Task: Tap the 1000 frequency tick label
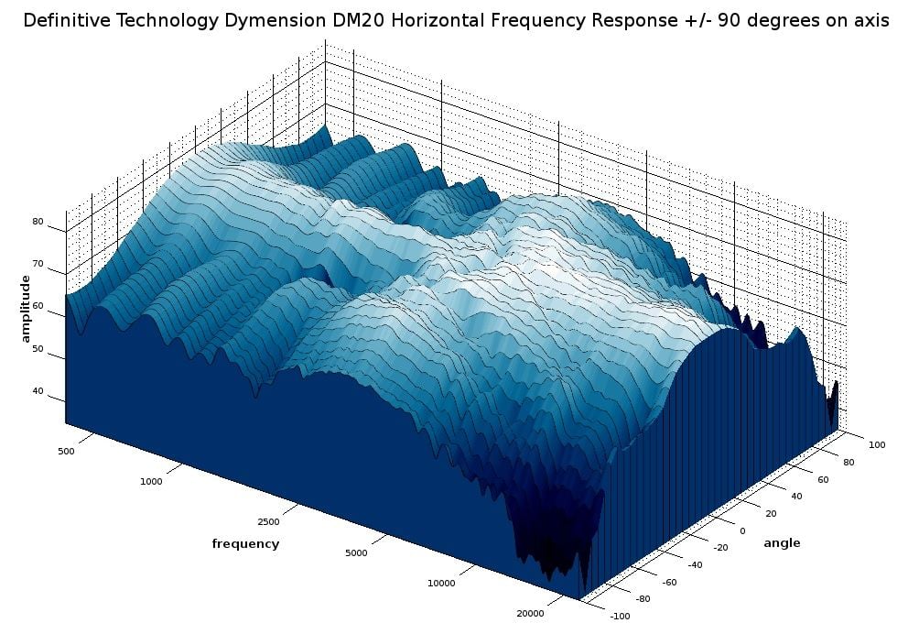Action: click(152, 481)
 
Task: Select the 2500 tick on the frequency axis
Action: click(268, 521)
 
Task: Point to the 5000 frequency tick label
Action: click(356, 552)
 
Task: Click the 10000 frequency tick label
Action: click(441, 583)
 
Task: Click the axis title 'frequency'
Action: click(245, 543)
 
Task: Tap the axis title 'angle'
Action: click(782, 542)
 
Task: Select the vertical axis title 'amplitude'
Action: click(27, 301)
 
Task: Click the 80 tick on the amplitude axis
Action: click(38, 222)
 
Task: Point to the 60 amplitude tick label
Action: click(38, 306)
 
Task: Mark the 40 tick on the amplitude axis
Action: click(38, 391)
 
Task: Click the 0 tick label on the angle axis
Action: click(741, 530)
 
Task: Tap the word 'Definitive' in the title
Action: click(65, 21)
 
